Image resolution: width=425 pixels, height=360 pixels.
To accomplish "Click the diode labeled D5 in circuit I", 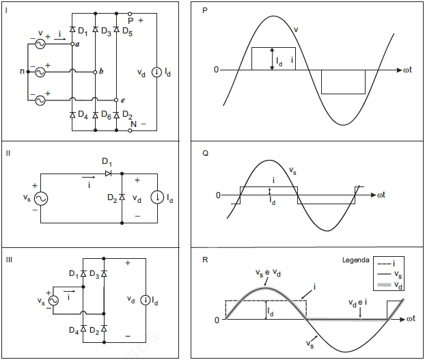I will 116,30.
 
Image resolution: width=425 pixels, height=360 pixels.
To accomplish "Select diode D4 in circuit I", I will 72,115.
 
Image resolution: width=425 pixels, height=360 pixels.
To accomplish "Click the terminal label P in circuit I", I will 131,21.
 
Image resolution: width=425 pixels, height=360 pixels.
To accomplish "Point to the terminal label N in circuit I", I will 133,124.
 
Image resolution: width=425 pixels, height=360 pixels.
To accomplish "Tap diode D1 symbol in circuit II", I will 107,174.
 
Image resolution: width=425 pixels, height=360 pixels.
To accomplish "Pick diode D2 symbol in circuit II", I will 121,198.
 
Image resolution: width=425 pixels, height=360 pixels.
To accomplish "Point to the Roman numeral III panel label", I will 9,259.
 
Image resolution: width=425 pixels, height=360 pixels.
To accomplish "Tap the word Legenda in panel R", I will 356,260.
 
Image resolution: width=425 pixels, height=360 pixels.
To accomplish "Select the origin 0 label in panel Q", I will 218,195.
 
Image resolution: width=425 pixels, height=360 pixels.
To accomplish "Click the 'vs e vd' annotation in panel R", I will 267,273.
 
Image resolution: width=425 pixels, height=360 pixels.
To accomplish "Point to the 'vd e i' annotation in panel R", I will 359,301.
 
